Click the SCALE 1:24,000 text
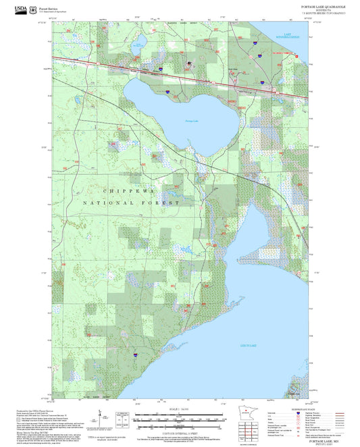pyautogui.click(x=175, y=410)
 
